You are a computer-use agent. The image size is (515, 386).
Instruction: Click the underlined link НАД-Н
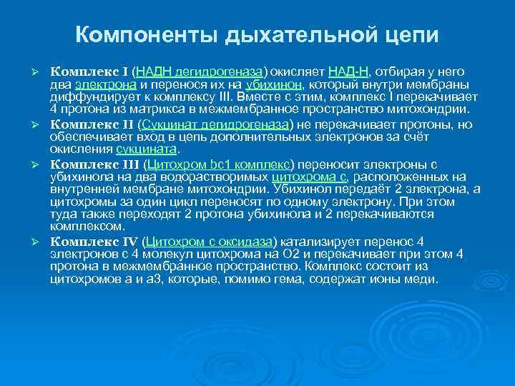pyautogui.click(x=348, y=71)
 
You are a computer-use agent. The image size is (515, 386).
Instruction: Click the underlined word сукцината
pyautogui.click(x=146, y=149)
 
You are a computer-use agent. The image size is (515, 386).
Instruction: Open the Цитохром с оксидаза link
pyautogui.click(x=205, y=240)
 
